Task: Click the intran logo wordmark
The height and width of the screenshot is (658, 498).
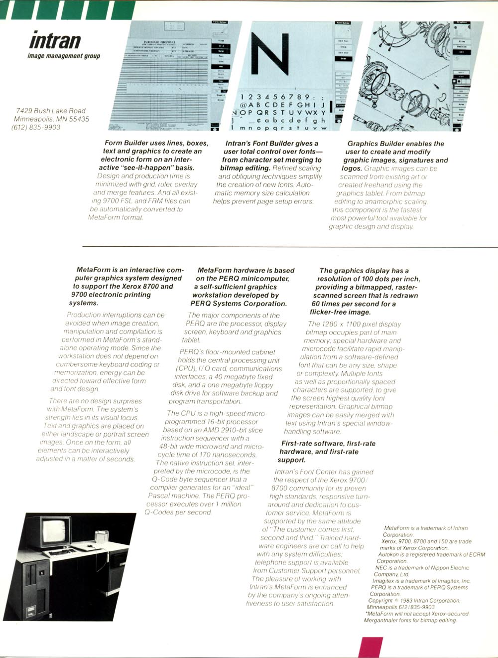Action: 55,40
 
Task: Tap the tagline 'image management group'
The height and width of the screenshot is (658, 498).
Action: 64,56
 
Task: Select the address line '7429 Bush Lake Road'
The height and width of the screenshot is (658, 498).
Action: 51,111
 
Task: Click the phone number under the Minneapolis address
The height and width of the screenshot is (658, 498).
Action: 36,127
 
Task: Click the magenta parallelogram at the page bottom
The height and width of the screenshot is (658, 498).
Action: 371,647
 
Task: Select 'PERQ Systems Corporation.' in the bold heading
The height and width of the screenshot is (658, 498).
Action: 239,303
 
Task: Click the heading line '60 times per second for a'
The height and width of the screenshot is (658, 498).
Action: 354,304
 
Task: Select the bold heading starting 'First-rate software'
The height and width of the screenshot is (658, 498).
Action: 328,443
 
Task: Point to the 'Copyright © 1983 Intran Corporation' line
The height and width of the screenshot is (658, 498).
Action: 414,601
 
